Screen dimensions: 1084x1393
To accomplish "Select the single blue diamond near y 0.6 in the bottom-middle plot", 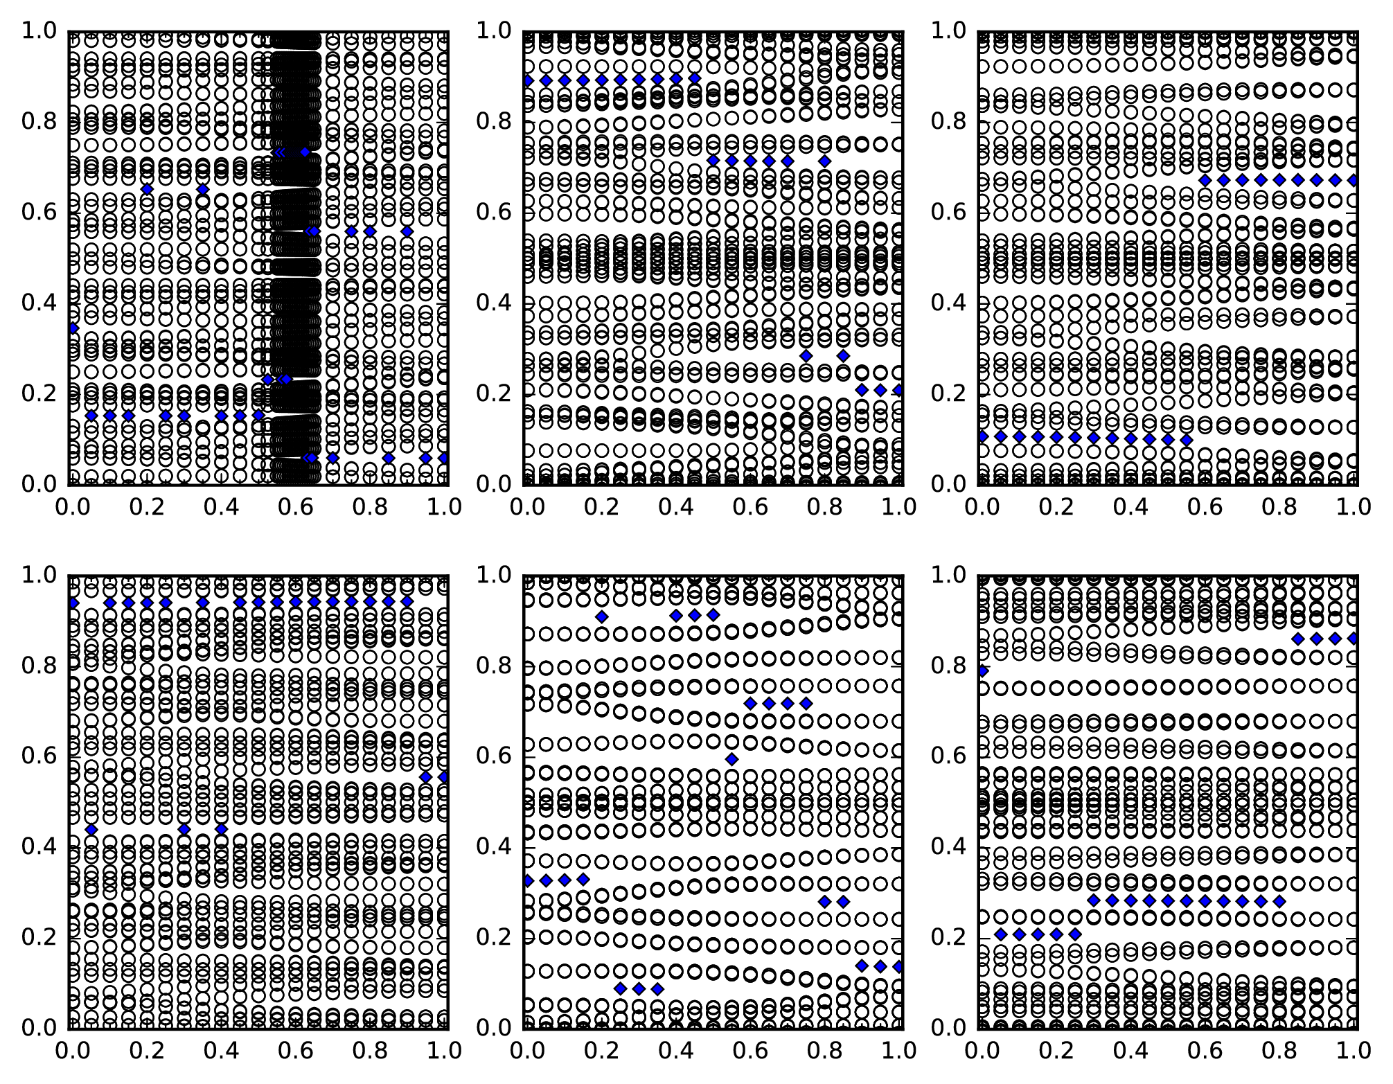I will point(731,759).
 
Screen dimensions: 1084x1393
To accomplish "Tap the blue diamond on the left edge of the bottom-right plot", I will point(982,670).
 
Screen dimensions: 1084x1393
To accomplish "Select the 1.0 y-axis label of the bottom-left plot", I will point(40,575).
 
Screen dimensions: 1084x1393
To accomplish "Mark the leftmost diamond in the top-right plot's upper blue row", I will point(1205,180).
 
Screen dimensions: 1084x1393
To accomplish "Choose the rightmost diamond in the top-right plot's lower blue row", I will point(1187,439).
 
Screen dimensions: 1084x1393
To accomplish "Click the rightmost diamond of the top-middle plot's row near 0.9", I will point(695,79).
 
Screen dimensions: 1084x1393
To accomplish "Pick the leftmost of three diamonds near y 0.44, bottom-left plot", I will point(91,829).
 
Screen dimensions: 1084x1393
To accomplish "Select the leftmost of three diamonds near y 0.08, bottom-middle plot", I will point(621,988).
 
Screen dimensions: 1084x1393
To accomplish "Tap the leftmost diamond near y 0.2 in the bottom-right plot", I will point(1001,934).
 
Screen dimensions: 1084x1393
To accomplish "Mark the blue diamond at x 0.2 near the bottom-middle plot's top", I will point(602,616).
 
